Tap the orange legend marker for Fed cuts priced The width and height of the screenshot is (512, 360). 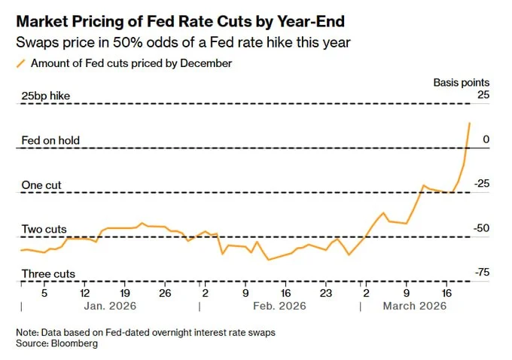21,64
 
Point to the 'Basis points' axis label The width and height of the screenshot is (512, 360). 461,82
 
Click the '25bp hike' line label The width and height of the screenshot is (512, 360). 50,95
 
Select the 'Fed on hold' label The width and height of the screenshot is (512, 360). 50,140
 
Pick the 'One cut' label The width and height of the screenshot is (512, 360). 41,185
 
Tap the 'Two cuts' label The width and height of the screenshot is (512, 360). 44,229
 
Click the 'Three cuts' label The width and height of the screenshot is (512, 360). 48,274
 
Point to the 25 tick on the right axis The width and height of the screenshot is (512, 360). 483,95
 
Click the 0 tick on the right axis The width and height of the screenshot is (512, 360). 486,139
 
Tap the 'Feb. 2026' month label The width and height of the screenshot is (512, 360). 279,307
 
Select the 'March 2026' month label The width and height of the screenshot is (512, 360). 415,307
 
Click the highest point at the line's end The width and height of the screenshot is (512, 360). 471,123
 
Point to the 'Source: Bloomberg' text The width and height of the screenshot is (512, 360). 57,343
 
